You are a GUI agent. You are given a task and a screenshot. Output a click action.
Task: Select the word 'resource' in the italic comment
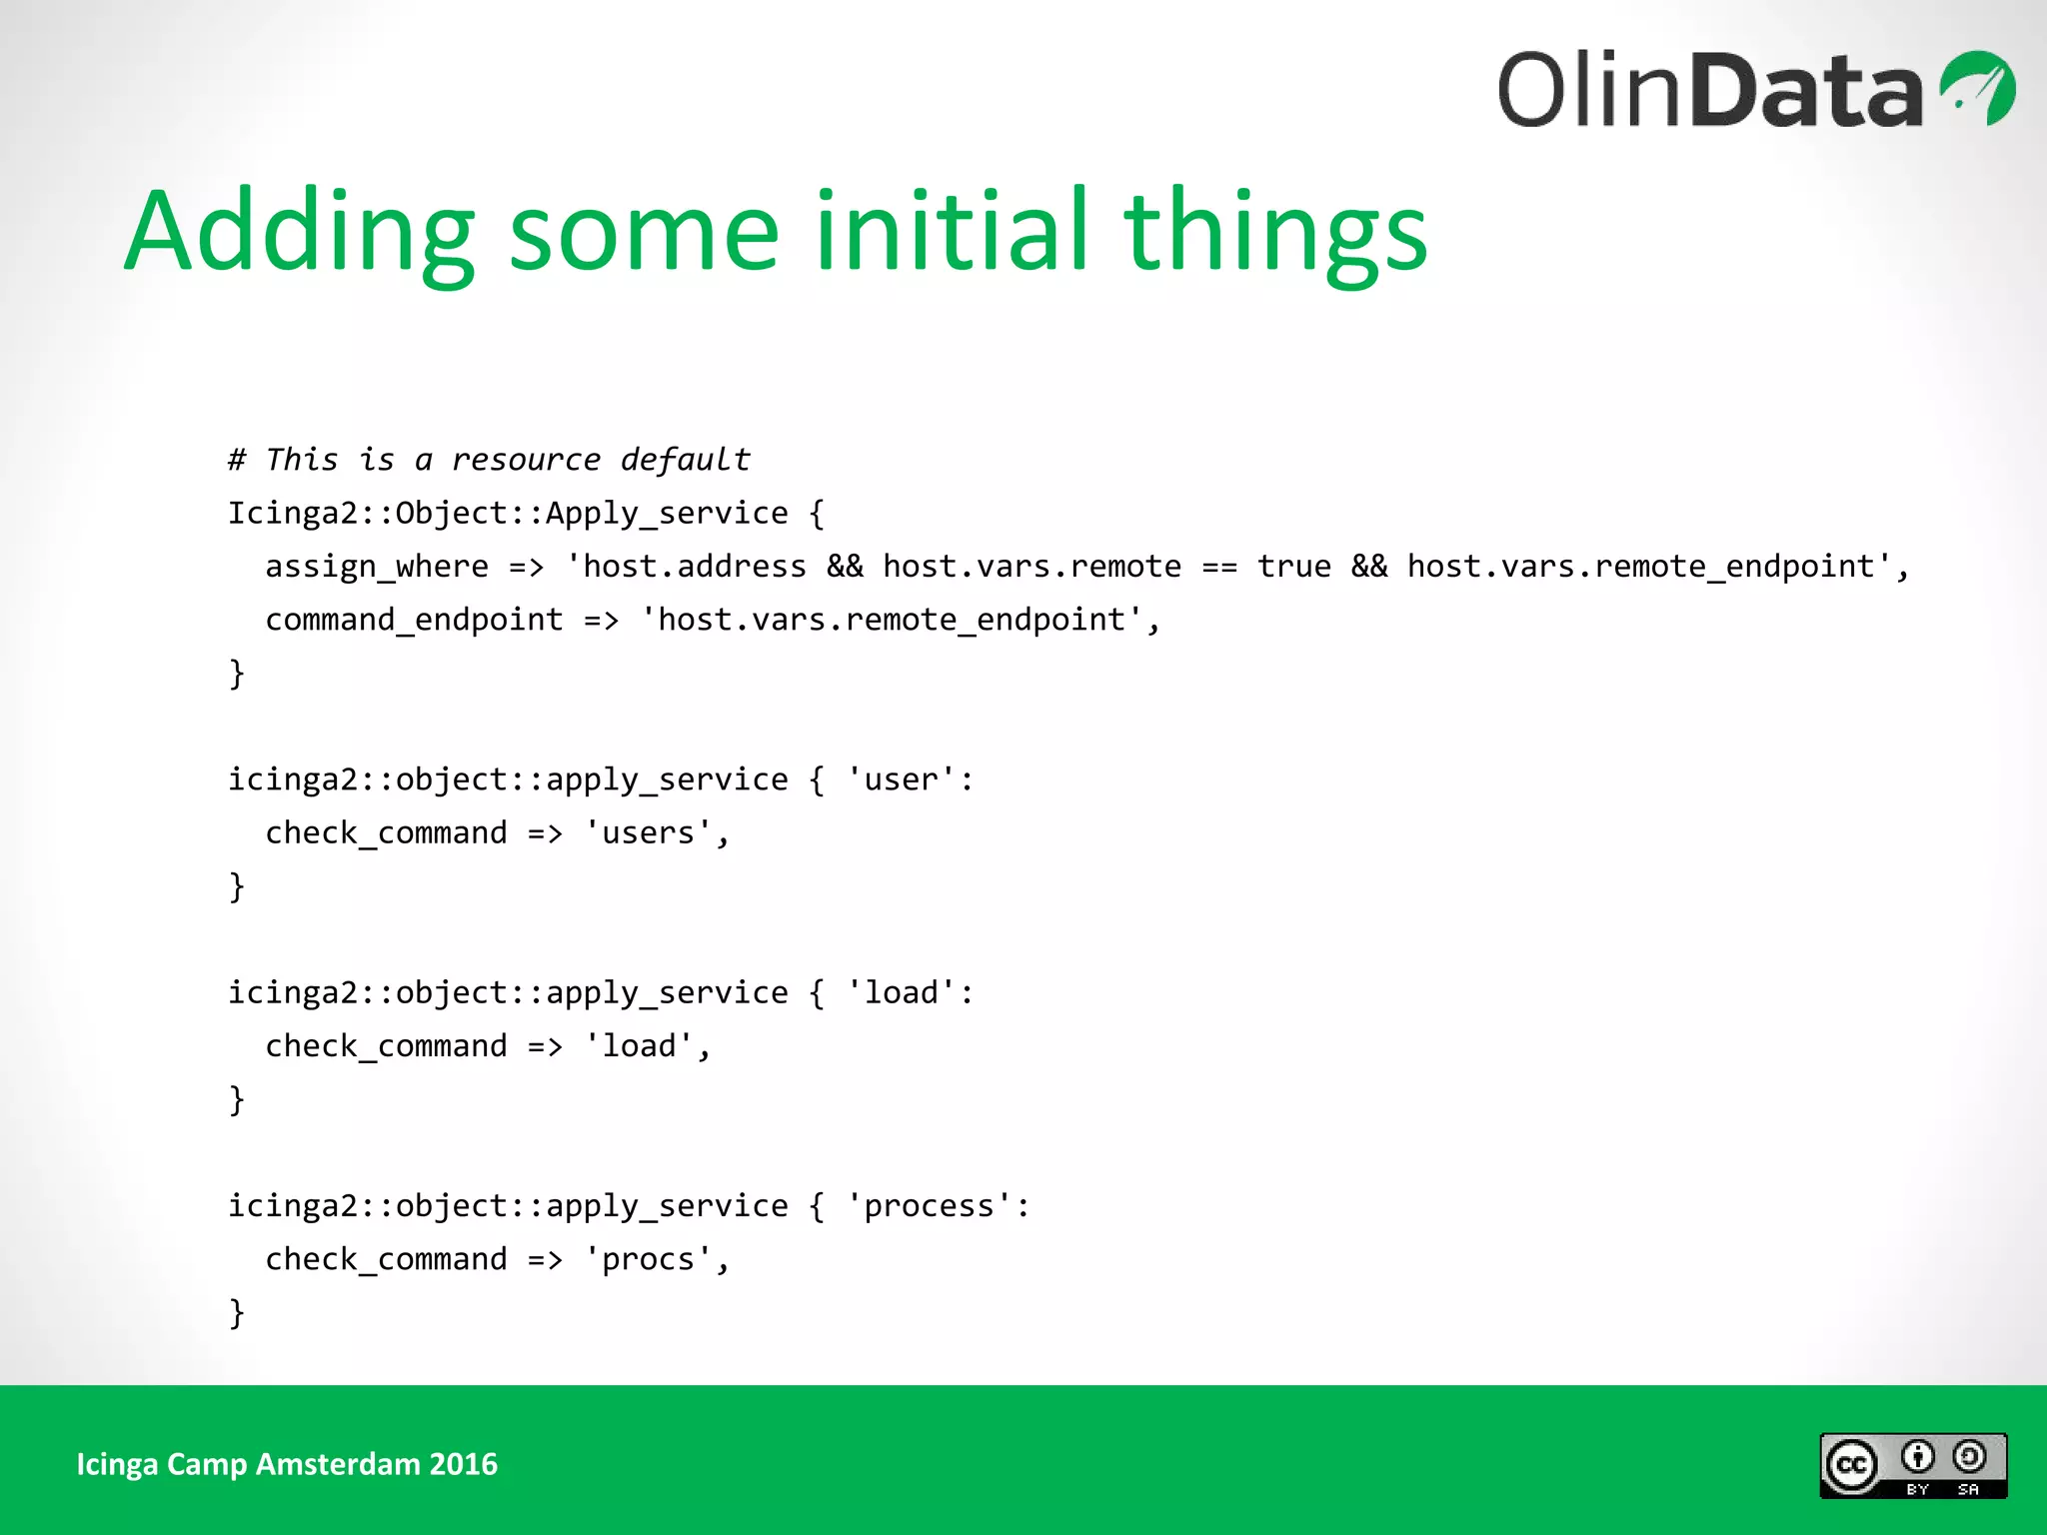click(x=526, y=460)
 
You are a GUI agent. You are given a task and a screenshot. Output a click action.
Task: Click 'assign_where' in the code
click(x=377, y=567)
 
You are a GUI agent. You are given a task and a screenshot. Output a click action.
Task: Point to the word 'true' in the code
click(x=1293, y=567)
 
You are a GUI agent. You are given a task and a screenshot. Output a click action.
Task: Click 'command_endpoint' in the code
click(x=414, y=620)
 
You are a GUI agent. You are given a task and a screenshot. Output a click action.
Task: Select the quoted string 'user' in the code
click(x=901, y=779)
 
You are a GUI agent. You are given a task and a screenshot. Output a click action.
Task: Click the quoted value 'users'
click(x=648, y=832)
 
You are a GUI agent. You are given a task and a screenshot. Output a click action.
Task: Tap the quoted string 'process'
click(x=929, y=1206)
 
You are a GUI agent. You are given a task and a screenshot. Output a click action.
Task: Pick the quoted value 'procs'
click(x=648, y=1259)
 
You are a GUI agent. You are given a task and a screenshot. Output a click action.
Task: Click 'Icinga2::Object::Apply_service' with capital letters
click(x=508, y=514)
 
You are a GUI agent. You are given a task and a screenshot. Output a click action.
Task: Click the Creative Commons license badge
click(x=1912, y=1465)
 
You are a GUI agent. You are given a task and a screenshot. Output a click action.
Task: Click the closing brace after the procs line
click(x=237, y=1312)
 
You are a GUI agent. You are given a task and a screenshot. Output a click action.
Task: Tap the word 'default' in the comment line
click(x=685, y=460)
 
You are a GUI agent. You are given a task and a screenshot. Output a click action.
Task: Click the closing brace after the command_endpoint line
click(x=237, y=673)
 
